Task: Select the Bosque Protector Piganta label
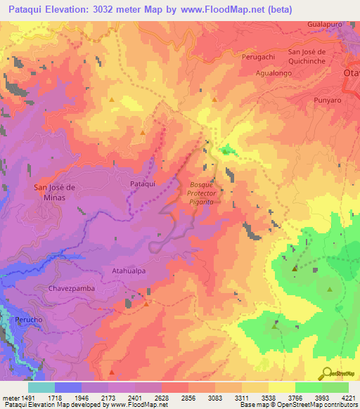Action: (201, 193)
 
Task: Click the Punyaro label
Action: (328, 100)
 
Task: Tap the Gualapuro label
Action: (325, 24)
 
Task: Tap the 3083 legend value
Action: (215, 398)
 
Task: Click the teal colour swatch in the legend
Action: (41, 387)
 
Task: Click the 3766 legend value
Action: (295, 398)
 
